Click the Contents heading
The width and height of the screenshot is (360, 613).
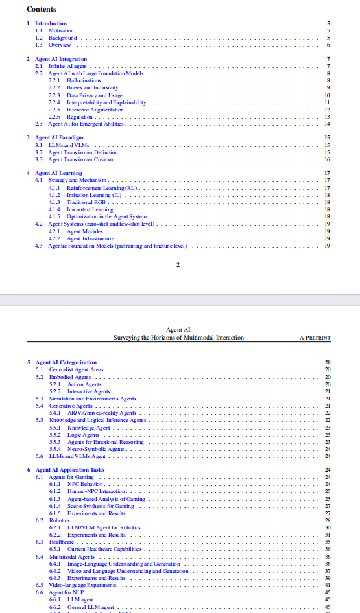pos(42,9)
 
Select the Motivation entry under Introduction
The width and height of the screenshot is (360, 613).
pos(61,30)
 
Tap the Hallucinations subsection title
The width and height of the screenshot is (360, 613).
pos(84,80)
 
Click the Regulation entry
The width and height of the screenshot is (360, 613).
pos(80,117)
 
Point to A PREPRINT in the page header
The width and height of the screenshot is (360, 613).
pos(315,338)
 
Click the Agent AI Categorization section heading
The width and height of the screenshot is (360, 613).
pos(66,362)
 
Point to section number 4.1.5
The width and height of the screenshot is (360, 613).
pos(55,216)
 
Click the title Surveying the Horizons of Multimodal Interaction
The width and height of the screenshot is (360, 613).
pos(178,338)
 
